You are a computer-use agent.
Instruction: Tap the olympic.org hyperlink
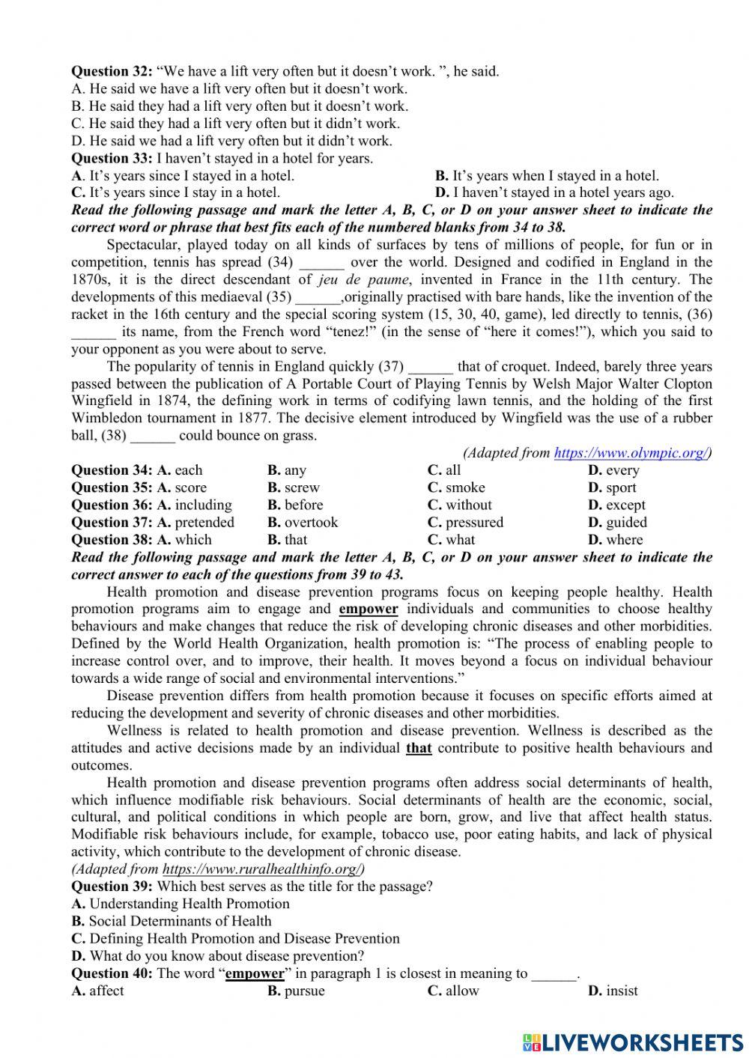pyautogui.click(x=630, y=453)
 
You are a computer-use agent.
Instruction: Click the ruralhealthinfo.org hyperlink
pyautogui.click(x=263, y=869)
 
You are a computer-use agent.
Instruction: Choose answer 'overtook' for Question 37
pyautogui.click(x=303, y=523)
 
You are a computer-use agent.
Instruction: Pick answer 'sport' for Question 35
pyautogui.click(x=613, y=488)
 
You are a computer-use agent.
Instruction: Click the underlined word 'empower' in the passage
pyautogui.click(x=368, y=609)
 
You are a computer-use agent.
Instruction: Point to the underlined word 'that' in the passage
pyautogui.click(x=419, y=748)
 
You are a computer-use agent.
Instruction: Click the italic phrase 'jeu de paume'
pyautogui.click(x=364, y=280)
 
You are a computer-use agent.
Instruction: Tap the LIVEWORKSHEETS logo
pyautogui.click(x=633, y=1042)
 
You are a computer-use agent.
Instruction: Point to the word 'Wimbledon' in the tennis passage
pyautogui.click(x=106, y=419)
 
